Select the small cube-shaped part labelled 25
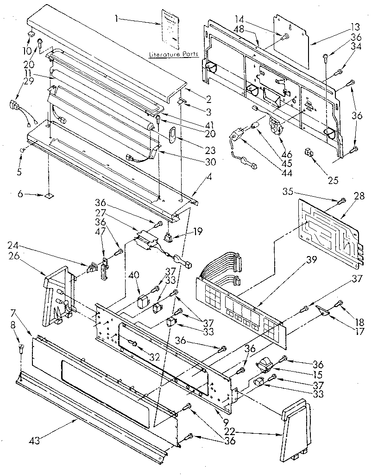(307, 153)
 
